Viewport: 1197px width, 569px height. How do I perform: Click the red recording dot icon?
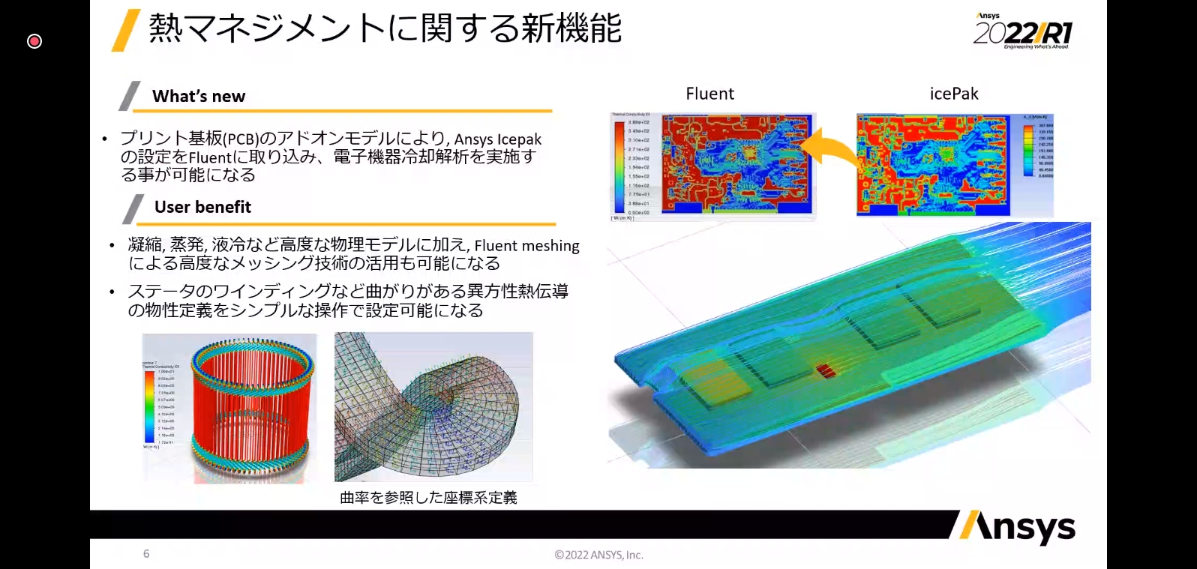pyautogui.click(x=34, y=41)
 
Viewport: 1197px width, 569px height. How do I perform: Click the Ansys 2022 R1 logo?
pyautogui.click(x=1023, y=31)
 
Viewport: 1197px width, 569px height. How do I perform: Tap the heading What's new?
pyautogui.click(x=199, y=96)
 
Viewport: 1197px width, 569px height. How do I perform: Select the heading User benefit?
pyautogui.click(x=202, y=207)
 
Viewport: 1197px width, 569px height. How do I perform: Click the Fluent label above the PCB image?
pyautogui.click(x=709, y=94)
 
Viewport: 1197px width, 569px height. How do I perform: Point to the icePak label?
pyautogui.click(x=954, y=94)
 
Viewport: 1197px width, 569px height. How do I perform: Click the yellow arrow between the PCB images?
pyautogui.click(x=836, y=147)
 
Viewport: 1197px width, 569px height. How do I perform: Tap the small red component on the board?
pyautogui.click(x=825, y=370)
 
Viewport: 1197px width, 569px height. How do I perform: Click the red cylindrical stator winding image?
pyautogui.click(x=249, y=409)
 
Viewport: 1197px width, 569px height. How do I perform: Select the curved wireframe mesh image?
pyautogui.click(x=433, y=406)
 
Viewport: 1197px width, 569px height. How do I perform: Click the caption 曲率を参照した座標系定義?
pyautogui.click(x=428, y=498)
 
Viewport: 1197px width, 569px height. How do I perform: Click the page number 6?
pyautogui.click(x=146, y=554)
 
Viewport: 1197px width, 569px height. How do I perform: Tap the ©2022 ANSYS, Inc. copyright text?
pyautogui.click(x=598, y=556)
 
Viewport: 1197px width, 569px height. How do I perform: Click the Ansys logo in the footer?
pyautogui.click(x=1016, y=528)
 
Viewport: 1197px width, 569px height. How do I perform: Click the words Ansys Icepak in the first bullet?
pyautogui.click(x=497, y=139)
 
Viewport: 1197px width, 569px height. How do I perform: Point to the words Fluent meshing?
pyautogui.click(x=526, y=246)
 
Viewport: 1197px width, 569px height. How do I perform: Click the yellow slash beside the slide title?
pyautogui.click(x=126, y=30)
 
